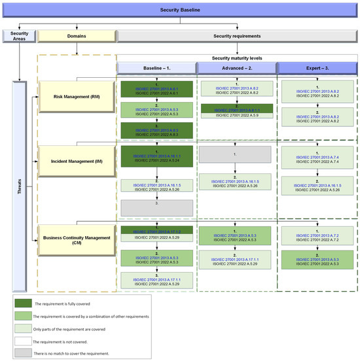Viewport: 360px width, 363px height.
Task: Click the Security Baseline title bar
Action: coord(181,10)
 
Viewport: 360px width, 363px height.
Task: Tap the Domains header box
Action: coord(76,37)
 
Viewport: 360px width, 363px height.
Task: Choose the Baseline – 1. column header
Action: coord(156,69)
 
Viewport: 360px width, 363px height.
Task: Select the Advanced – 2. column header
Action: coord(236,69)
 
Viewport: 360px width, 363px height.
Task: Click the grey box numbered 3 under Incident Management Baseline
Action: coord(156,207)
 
